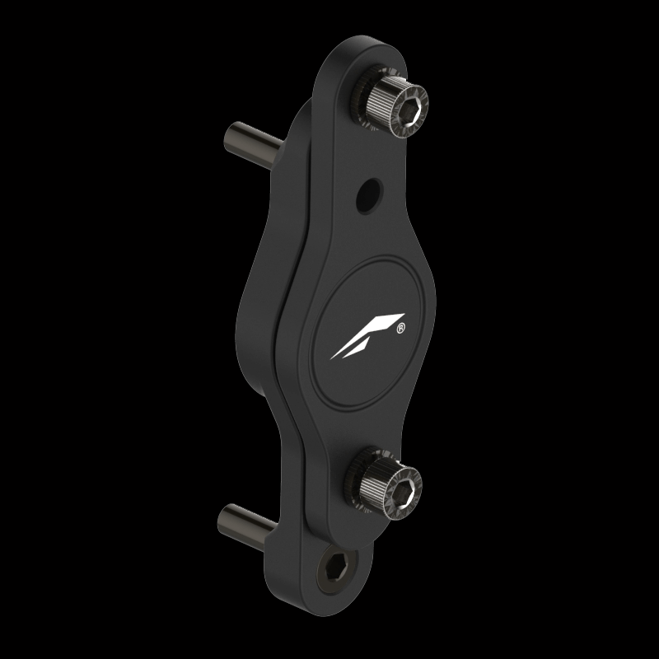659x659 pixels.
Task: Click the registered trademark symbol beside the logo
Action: [x=400, y=328]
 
